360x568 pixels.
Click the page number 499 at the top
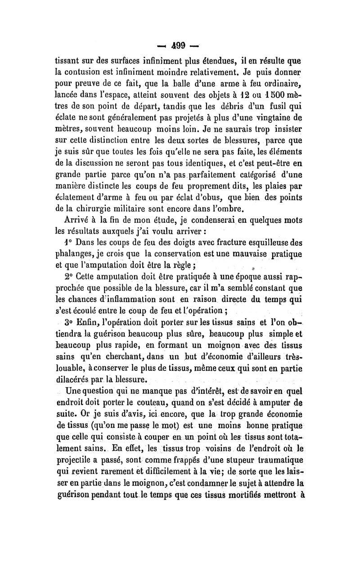(x=180, y=45)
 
